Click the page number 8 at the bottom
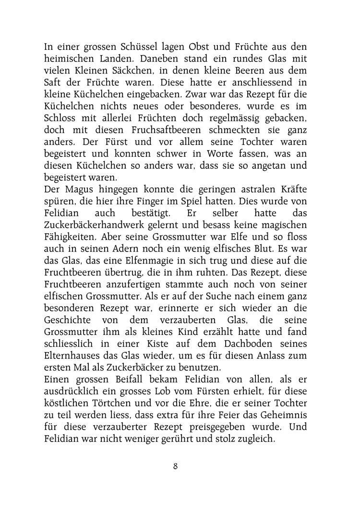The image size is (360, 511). (176, 465)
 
